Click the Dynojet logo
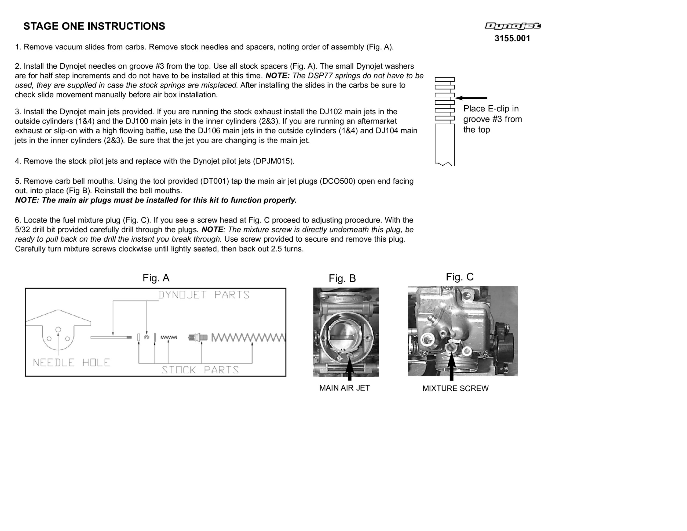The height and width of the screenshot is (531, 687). pyautogui.click(x=512, y=26)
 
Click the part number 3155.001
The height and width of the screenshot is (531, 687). pyautogui.click(x=512, y=38)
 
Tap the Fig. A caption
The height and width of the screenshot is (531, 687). pyautogui.click(x=156, y=278)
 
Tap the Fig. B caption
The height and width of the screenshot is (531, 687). pyautogui.click(x=342, y=278)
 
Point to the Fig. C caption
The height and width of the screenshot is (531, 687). pyautogui.click(x=460, y=277)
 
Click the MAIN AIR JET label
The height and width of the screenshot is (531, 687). pyautogui.click(x=345, y=388)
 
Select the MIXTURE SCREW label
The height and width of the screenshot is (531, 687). pyautogui.click(x=455, y=388)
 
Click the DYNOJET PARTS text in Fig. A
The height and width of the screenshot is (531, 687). pyautogui.click(x=204, y=295)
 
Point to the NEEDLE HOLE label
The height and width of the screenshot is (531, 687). pyautogui.click(x=71, y=363)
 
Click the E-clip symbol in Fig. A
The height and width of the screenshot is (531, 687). pyautogui.click(x=147, y=337)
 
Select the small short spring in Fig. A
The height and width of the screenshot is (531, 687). pyautogui.click(x=169, y=337)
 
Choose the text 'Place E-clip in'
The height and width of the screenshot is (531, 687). pyautogui.click(x=491, y=109)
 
